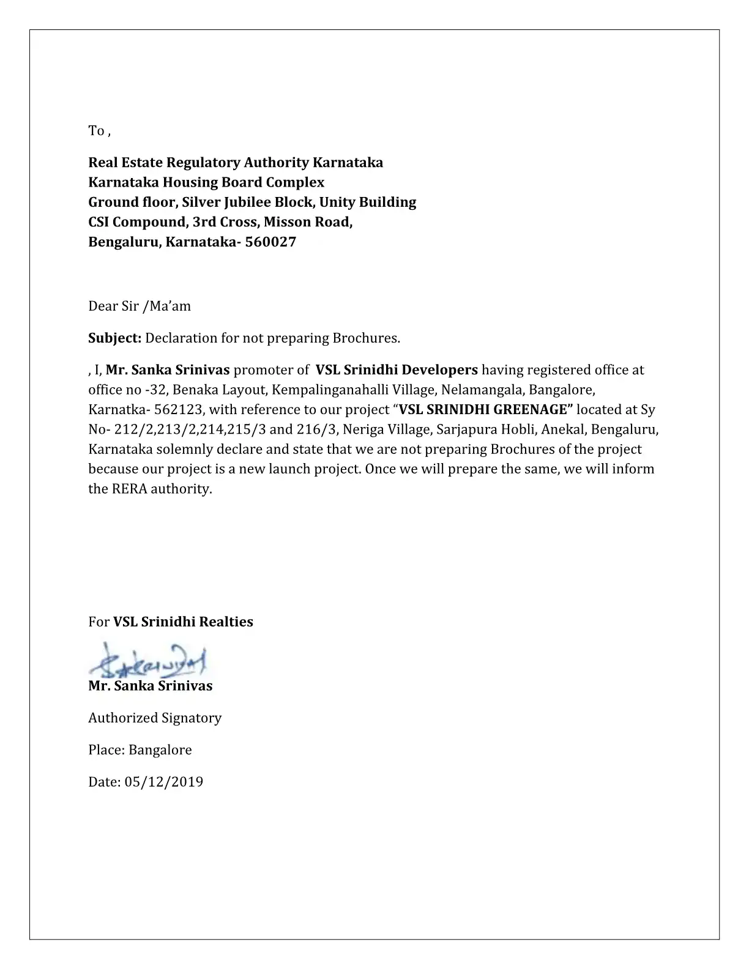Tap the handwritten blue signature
[x=147, y=660]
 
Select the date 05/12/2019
[x=163, y=782]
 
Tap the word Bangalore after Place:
[x=160, y=750]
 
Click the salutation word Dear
[x=102, y=306]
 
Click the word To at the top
[x=96, y=131]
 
